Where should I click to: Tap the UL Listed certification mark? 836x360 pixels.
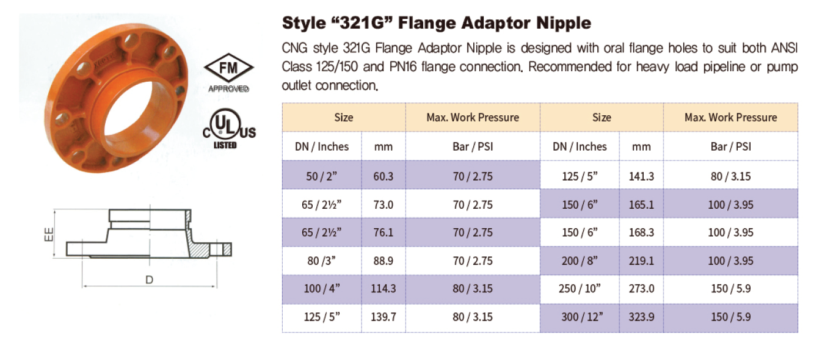click(229, 129)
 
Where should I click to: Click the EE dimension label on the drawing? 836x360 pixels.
click(49, 234)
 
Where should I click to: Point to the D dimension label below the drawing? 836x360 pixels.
click(149, 280)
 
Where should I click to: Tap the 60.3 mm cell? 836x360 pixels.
click(383, 176)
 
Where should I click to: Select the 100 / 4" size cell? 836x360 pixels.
click(322, 289)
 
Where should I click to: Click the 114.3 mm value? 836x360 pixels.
click(383, 289)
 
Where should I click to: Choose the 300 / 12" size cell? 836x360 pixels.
click(580, 317)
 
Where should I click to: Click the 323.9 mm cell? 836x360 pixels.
click(641, 317)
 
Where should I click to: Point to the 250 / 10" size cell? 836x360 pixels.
click(580, 289)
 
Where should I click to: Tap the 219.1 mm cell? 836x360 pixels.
click(641, 261)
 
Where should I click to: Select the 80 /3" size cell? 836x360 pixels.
click(322, 261)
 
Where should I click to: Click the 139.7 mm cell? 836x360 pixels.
click(383, 317)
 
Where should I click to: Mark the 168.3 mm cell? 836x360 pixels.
click(641, 232)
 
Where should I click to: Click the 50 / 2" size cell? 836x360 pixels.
click(322, 176)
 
